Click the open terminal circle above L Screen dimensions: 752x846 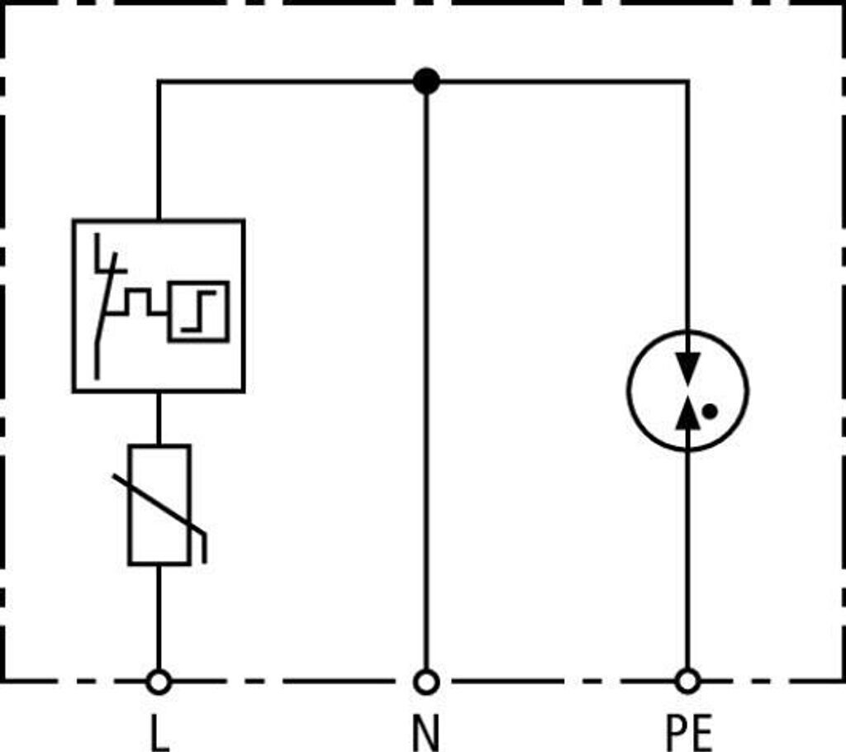coord(159,682)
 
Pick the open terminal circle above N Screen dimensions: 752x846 coord(425,682)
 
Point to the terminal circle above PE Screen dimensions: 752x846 coord(687,682)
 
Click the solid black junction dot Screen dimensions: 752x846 coord(425,81)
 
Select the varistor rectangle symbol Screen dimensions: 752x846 coord(159,505)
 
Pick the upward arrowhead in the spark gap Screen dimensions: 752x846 coord(687,412)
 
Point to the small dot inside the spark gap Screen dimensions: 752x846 coord(709,410)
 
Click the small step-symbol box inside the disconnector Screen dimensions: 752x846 coord(198,311)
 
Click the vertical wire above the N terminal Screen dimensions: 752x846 coord(425,372)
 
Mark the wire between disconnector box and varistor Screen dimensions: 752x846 coord(159,418)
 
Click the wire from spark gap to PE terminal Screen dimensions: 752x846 coord(687,562)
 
